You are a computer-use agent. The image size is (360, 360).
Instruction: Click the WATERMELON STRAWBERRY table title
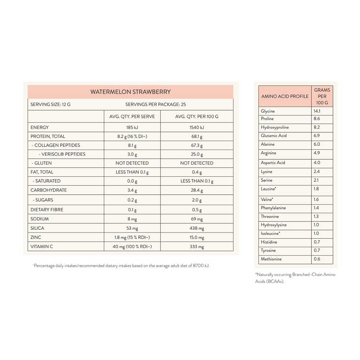(130, 92)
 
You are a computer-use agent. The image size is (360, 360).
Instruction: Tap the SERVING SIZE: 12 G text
(50, 104)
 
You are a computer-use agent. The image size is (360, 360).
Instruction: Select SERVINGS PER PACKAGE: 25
(155, 104)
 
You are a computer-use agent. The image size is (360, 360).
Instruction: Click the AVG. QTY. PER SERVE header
(132, 116)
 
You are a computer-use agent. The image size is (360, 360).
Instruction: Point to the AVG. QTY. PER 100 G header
(197, 116)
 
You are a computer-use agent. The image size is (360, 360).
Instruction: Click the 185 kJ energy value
(132, 127)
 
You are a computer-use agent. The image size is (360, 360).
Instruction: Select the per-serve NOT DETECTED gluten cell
(132, 163)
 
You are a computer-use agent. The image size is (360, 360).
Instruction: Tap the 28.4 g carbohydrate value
(197, 190)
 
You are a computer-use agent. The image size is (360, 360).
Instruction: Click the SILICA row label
(37, 228)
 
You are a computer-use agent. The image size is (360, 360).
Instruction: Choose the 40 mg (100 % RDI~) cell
(132, 247)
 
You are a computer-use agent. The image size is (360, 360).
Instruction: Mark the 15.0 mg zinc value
(197, 238)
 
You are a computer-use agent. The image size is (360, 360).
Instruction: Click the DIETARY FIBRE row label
(47, 210)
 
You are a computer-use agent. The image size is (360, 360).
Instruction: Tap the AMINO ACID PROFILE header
(285, 96)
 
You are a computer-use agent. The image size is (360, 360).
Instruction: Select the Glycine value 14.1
(317, 111)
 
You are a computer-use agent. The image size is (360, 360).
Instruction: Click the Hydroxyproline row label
(274, 127)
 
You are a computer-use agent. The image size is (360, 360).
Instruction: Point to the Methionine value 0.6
(317, 259)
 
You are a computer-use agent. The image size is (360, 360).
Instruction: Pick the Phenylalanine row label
(273, 208)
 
